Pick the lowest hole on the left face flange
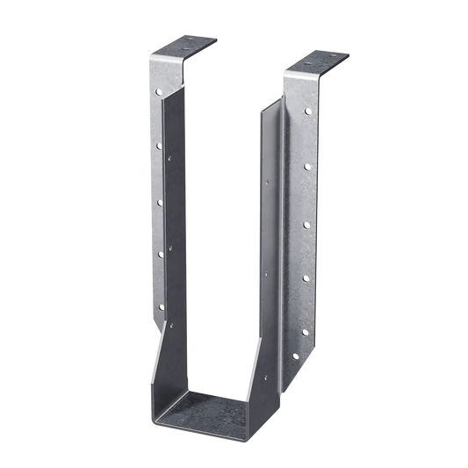(x=160, y=306)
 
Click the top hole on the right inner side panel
(x=268, y=183)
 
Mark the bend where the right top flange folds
(x=295, y=72)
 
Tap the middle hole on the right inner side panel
(x=268, y=272)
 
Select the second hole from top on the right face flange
(x=305, y=166)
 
